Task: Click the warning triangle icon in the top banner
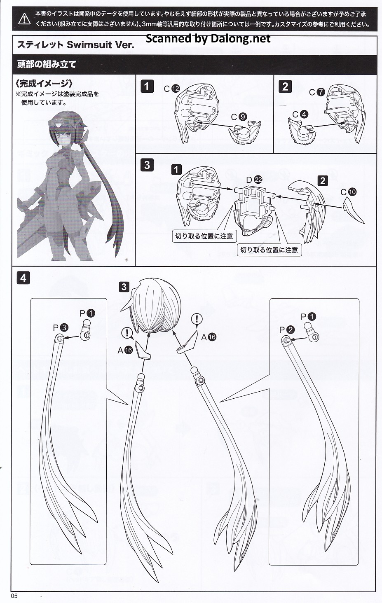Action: coord(24,19)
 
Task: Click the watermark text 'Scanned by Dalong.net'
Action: coord(208,39)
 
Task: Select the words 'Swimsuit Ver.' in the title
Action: coord(100,44)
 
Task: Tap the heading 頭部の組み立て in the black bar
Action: coord(47,64)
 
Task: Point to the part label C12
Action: coord(172,89)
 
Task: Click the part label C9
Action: coord(239,117)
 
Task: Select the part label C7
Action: coord(317,92)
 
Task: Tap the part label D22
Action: coord(254,180)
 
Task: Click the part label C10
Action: coord(348,192)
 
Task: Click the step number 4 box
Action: coord(23,278)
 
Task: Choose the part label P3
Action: coord(61,327)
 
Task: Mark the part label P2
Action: coord(287,330)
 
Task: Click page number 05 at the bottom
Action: coord(14,596)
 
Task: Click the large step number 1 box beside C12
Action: coord(147,86)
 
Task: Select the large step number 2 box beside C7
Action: coord(285,86)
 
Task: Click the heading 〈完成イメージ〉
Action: coord(45,84)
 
